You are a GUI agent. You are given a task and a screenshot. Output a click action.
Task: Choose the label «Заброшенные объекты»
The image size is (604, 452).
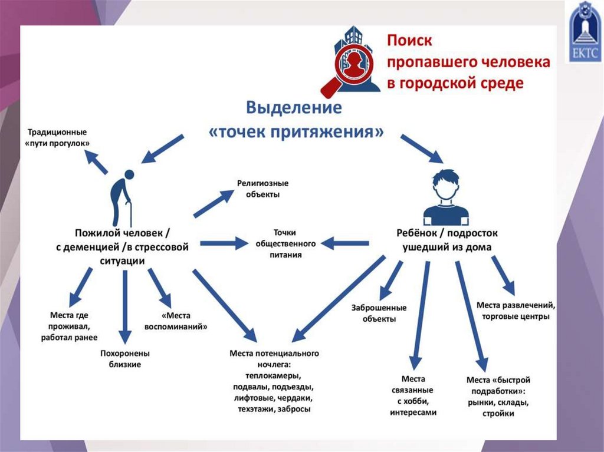(379, 313)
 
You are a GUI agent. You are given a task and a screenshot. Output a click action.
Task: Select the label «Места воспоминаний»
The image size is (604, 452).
(176, 321)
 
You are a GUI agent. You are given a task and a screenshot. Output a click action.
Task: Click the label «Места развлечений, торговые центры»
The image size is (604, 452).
(516, 311)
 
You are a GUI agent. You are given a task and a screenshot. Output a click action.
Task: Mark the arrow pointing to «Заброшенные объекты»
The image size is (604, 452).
(391, 281)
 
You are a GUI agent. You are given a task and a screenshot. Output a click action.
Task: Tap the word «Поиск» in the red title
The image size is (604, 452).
(409, 41)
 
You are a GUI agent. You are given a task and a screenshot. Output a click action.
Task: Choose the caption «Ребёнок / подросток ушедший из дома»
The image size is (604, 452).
(447, 240)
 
